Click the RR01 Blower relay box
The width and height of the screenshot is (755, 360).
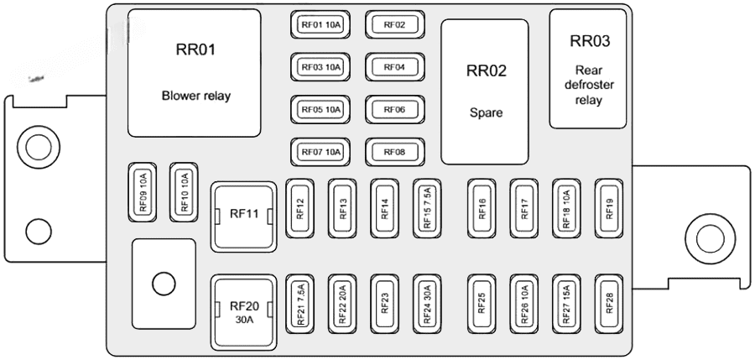195,73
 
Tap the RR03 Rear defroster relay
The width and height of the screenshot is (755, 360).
588,69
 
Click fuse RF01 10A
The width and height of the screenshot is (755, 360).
320,25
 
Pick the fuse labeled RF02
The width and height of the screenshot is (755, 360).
394,25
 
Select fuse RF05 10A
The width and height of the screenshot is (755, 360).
320,109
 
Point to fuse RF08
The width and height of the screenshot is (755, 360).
394,152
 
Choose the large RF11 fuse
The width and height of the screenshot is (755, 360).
243,216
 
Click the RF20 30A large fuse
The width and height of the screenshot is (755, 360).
243,311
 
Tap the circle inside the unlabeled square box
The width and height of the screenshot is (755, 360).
164,283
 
